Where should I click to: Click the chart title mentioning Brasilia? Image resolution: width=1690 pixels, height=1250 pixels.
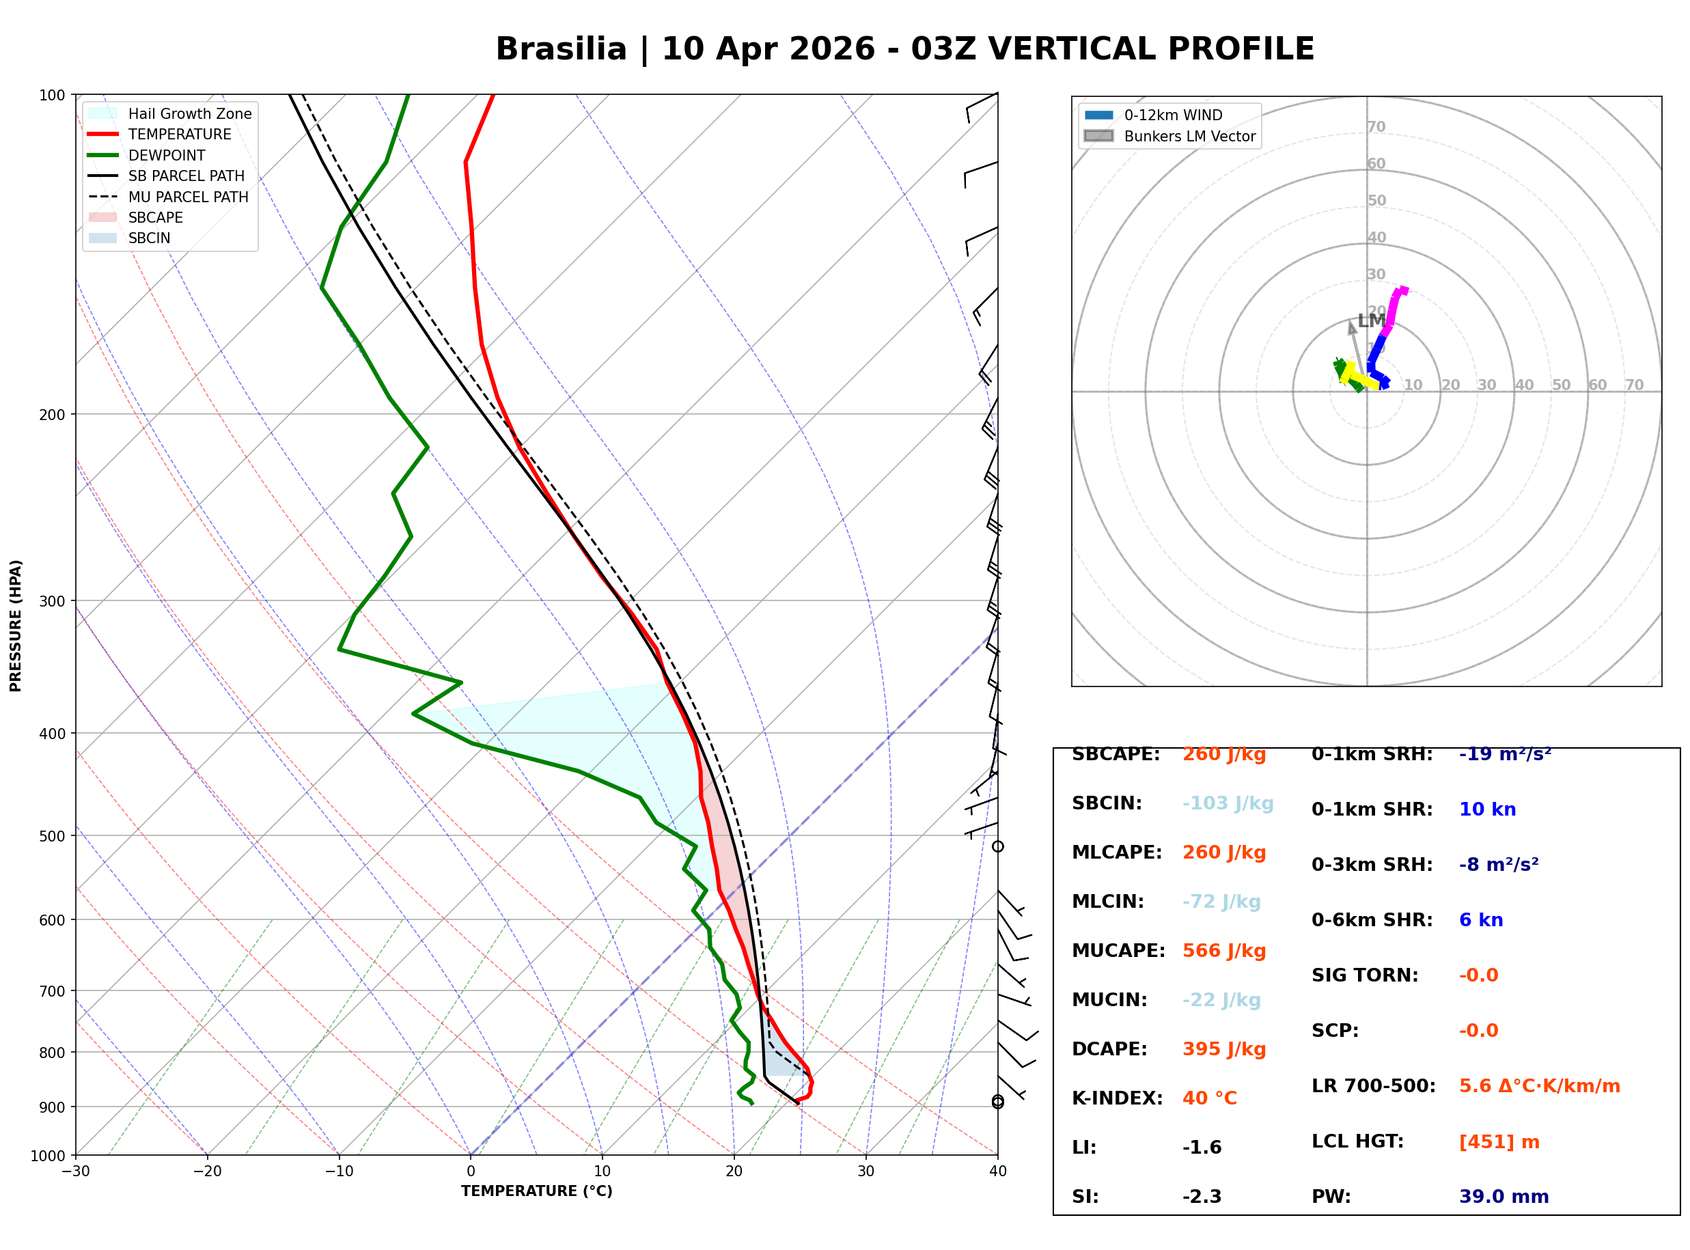tap(904, 49)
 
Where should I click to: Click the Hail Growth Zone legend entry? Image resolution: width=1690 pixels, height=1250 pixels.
tap(170, 113)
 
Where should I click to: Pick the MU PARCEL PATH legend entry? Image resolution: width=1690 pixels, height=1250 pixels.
tap(169, 197)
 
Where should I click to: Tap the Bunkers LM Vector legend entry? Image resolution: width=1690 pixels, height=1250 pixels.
tap(1169, 136)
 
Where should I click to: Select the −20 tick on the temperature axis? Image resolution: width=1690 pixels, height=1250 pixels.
tap(207, 1171)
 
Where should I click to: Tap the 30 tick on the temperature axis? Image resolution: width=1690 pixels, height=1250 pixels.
tap(866, 1171)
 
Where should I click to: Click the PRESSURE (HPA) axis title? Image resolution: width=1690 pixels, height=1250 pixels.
tap(16, 626)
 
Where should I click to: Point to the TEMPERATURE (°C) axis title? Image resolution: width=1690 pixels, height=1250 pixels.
tap(537, 1191)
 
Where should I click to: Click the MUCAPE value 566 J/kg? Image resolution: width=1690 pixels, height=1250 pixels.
tap(1224, 951)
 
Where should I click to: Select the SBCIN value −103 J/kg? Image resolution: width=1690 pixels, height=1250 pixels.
tap(1228, 803)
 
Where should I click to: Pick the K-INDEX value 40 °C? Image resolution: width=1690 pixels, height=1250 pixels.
tap(1210, 1098)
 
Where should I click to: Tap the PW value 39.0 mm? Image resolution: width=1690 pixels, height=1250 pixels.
tap(1504, 1197)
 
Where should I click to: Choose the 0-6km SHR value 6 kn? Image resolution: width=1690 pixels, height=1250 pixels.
tap(1481, 920)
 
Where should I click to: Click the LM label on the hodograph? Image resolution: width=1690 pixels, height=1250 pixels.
tap(1372, 321)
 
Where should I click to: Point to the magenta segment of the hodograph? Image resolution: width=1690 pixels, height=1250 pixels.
tap(1394, 310)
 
